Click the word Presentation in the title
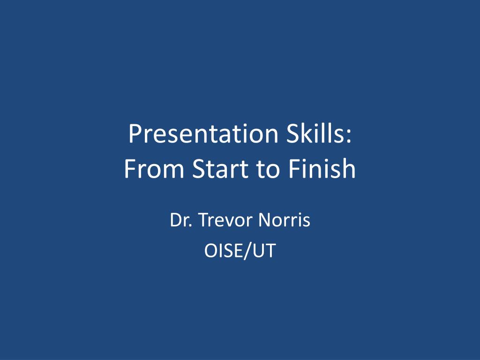tap(203, 134)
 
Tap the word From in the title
tap(154, 168)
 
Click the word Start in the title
tap(220, 168)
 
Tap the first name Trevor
tap(225, 220)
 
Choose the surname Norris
tap(285, 219)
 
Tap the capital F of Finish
tap(294, 168)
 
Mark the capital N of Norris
tap(265, 220)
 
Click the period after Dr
tap(190, 225)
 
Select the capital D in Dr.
tap(176, 220)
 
